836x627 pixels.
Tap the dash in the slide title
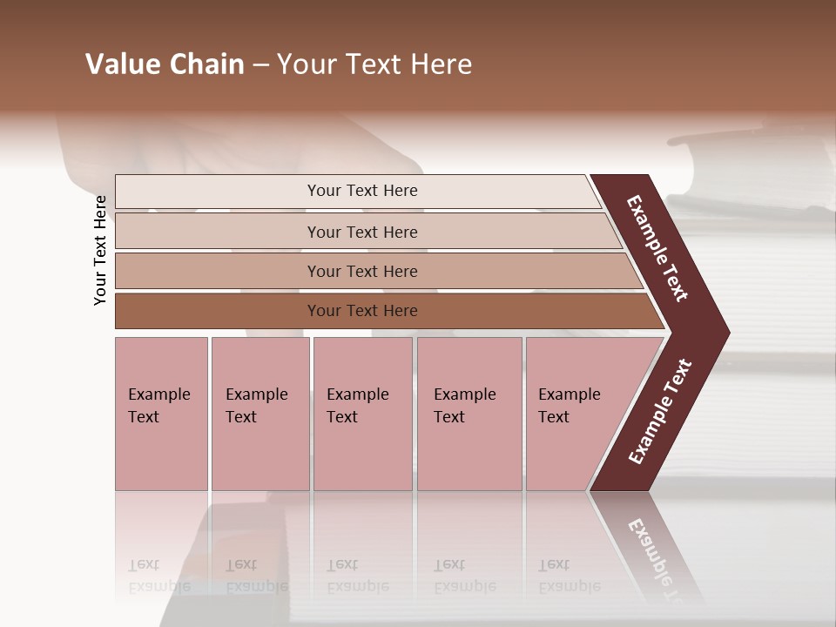(x=260, y=65)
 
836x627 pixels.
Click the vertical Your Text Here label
(x=100, y=250)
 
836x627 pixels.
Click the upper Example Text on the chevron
(x=657, y=249)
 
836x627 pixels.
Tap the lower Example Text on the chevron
(x=659, y=412)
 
